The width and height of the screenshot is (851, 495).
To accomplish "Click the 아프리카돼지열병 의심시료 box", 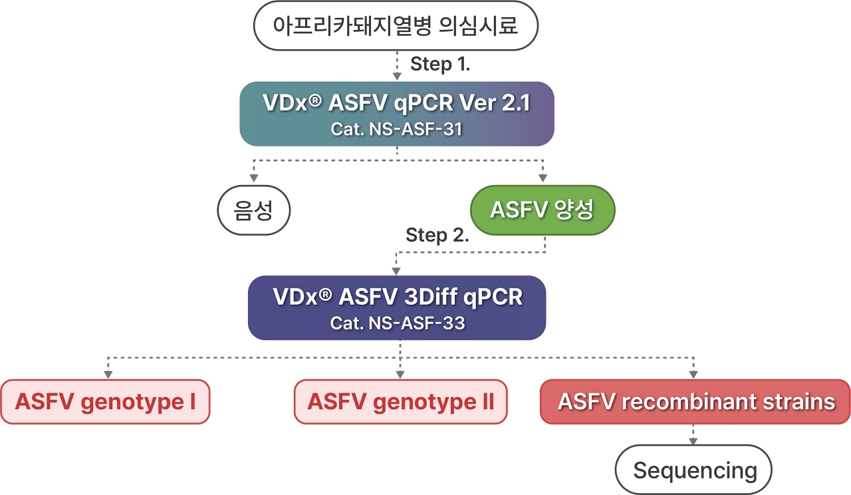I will click(x=396, y=26).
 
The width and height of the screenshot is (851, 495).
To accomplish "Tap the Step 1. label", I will click(x=441, y=64).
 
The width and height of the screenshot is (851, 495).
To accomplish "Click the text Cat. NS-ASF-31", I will click(x=396, y=128).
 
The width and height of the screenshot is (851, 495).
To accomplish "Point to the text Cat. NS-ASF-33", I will click(x=397, y=323).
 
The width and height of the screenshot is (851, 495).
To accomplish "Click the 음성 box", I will click(x=255, y=210).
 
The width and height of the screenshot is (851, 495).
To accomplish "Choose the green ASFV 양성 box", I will click(x=542, y=210).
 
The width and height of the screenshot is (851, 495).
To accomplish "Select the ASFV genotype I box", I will click(x=105, y=402).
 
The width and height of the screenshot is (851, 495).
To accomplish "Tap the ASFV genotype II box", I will click(x=400, y=402).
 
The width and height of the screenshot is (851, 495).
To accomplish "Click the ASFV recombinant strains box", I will click(x=695, y=402).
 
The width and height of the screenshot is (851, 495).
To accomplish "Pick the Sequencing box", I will click(x=694, y=470).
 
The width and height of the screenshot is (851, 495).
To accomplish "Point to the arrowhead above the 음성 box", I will click(x=253, y=178).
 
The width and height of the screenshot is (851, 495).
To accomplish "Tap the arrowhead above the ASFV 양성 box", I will click(x=543, y=178).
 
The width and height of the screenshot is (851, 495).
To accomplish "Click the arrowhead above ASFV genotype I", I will click(x=106, y=373).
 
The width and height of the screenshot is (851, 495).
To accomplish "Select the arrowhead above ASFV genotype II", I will click(x=400, y=373).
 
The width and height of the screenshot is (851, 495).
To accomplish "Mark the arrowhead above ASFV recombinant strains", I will click(x=694, y=373).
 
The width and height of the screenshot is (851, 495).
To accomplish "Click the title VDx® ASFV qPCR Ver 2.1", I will click(x=396, y=104).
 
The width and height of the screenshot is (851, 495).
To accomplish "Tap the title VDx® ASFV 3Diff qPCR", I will click(x=397, y=297).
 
